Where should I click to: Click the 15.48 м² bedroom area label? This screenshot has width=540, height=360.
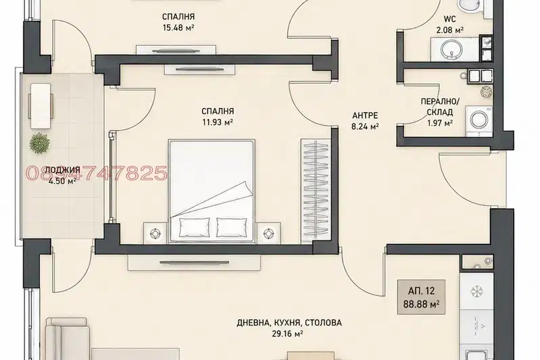pyautogui.click(x=178, y=27)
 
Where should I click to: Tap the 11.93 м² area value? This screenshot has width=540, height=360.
pyautogui.click(x=218, y=122)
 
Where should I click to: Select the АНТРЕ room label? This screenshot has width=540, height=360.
pyautogui.click(x=365, y=115)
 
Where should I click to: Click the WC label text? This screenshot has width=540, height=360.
pyautogui.click(x=449, y=20)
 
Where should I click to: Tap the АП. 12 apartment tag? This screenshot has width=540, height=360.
pyautogui.click(x=421, y=291)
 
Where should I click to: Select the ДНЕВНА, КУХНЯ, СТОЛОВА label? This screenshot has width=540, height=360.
pyautogui.click(x=289, y=323)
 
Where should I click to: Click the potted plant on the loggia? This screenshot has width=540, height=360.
pyautogui.click(x=40, y=143)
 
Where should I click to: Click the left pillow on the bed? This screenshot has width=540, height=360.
pyautogui.click(x=194, y=228)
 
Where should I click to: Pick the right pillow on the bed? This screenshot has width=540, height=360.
pyautogui.click(x=230, y=228)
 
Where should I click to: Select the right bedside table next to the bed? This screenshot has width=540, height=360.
pyautogui.click(x=268, y=234)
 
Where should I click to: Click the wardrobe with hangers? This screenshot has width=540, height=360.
pyautogui.click(x=315, y=191)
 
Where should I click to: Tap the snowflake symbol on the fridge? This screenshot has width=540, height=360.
pyautogui.click(x=477, y=292)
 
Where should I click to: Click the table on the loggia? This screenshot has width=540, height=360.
pyautogui.click(x=41, y=106)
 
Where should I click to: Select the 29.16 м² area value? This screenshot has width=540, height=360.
pyautogui.click(x=287, y=334)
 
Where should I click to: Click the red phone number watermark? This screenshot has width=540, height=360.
pyautogui.click(x=97, y=173)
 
